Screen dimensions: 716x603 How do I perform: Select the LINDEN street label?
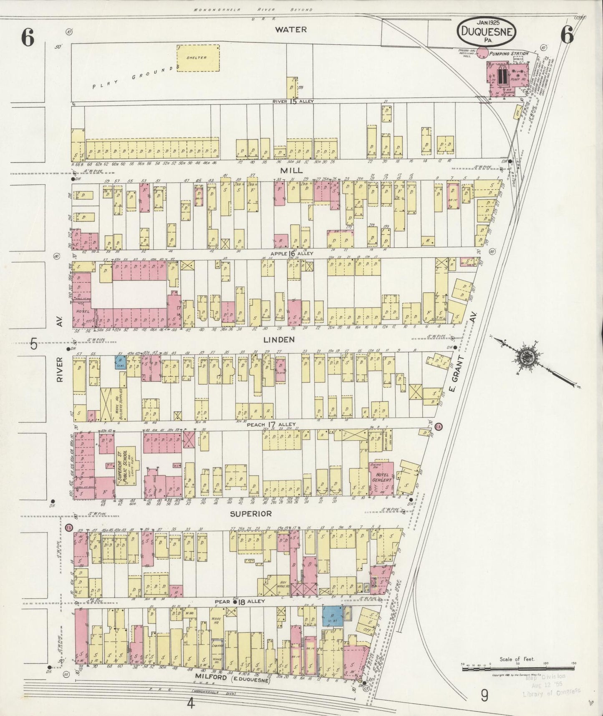tap(280, 340)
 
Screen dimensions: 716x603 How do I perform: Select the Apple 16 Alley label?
tap(292, 254)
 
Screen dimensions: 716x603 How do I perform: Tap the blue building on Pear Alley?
tap(333, 616)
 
